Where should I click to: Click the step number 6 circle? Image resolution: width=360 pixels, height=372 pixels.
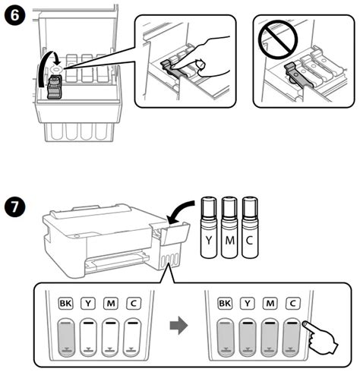(14, 15)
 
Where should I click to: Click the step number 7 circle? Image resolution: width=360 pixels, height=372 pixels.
(14, 206)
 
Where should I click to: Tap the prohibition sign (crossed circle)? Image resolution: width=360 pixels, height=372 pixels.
(278, 39)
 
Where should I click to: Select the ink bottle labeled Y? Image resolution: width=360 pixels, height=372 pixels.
(209, 227)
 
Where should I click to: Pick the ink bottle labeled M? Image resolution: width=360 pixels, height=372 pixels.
(229, 227)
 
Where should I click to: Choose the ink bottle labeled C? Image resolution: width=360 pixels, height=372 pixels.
(250, 227)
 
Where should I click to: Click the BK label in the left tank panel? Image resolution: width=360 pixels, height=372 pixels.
(65, 303)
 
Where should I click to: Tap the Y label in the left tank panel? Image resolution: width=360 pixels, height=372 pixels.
(88, 303)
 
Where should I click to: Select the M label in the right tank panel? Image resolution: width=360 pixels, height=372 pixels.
(270, 303)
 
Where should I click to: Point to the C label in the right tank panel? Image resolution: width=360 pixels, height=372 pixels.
(293, 303)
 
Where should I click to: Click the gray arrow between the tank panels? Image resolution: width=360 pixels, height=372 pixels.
(178, 325)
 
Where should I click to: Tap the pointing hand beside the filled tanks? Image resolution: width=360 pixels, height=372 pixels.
(321, 337)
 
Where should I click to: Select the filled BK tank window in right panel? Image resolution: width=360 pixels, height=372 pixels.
(225, 337)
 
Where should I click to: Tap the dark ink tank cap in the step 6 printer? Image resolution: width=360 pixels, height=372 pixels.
(55, 87)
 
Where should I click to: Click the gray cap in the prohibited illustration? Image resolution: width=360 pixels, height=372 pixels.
(298, 75)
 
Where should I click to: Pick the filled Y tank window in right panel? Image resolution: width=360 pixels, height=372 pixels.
(248, 337)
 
